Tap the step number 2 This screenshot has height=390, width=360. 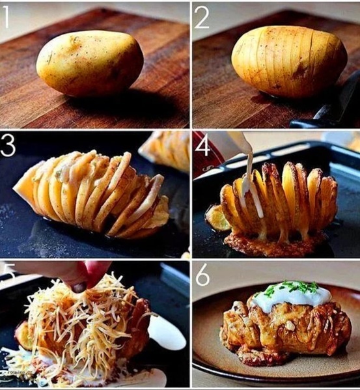[201, 17]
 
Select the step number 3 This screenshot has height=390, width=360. [8, 146]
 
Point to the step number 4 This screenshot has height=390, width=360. [202, 146]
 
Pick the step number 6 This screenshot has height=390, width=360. [202, 275]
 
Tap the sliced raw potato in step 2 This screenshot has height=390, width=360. [289, 62]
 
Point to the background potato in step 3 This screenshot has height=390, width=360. [165, 151]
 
